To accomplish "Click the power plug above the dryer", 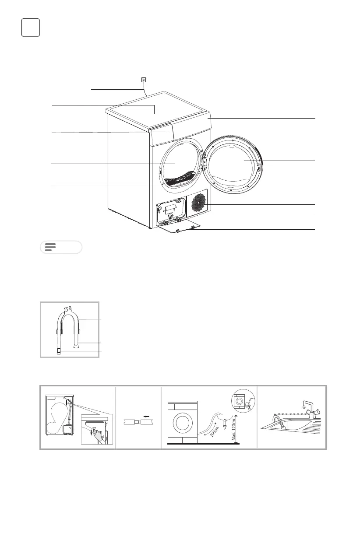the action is (x=143, y=80).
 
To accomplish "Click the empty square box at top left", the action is (x=30, y=28).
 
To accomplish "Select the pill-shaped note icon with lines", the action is (x=61, y=247).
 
